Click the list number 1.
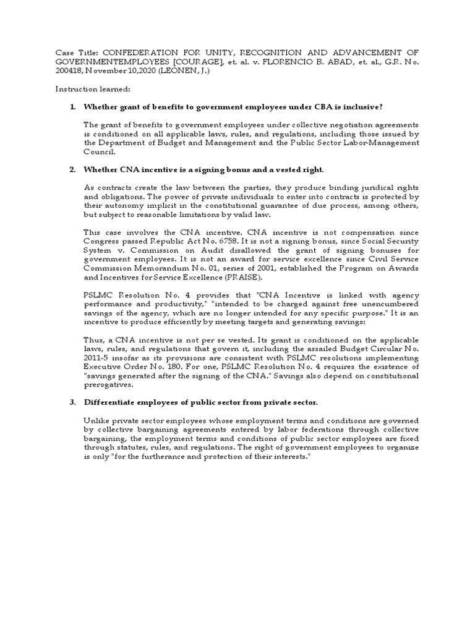point(73,107)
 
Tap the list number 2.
point(73,169)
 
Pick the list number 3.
point(73,402)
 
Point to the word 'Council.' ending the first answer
point(101,151)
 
